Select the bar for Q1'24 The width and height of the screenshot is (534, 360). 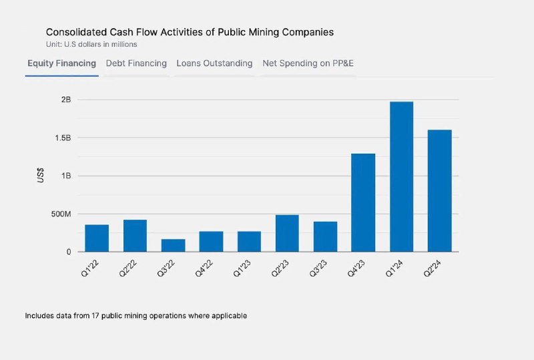[402, 177]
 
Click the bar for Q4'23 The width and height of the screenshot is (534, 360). [363, 203]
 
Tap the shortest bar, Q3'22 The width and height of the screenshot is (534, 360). [173, 245]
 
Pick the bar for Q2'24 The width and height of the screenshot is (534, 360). [439, 191]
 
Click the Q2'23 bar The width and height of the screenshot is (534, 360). [287, 233]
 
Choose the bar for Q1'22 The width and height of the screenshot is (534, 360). [96, 238]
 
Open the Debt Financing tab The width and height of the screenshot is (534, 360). [136, 63]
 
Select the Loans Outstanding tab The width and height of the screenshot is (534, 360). [214, 63]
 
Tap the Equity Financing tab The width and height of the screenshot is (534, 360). [61, 63]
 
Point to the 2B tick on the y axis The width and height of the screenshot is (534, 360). [65, 100]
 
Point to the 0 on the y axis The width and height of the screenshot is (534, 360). [69, 252]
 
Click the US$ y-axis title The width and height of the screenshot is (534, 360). [41, 176]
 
